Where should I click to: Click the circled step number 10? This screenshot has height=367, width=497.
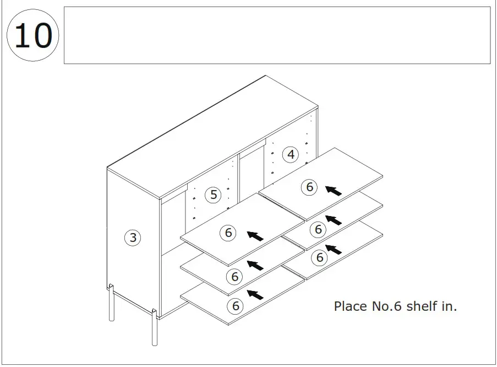point(32,36)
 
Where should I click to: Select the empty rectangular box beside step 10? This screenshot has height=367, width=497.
point(277,35)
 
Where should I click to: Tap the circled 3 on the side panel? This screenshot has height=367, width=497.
point(133,238)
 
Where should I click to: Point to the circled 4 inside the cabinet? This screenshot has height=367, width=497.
point(291,155)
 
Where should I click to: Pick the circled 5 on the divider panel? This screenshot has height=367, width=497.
point(213,195)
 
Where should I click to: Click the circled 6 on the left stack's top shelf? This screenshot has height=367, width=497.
point(228,233)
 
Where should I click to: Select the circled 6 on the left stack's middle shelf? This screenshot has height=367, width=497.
point(234,277)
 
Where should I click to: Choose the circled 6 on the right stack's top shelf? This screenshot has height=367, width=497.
point(309,187)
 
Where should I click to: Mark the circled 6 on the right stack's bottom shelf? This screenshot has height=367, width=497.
point(318,257)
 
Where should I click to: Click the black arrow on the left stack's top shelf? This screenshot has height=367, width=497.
point(255,236)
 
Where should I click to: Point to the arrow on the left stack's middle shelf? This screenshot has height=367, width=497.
point(255,266)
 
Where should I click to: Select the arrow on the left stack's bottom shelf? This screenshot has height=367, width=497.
point(255,295)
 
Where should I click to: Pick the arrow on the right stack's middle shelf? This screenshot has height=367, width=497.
point(333,220)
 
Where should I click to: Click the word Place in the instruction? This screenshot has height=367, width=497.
point(350,306)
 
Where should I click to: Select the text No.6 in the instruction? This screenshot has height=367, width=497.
point(386,306)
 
